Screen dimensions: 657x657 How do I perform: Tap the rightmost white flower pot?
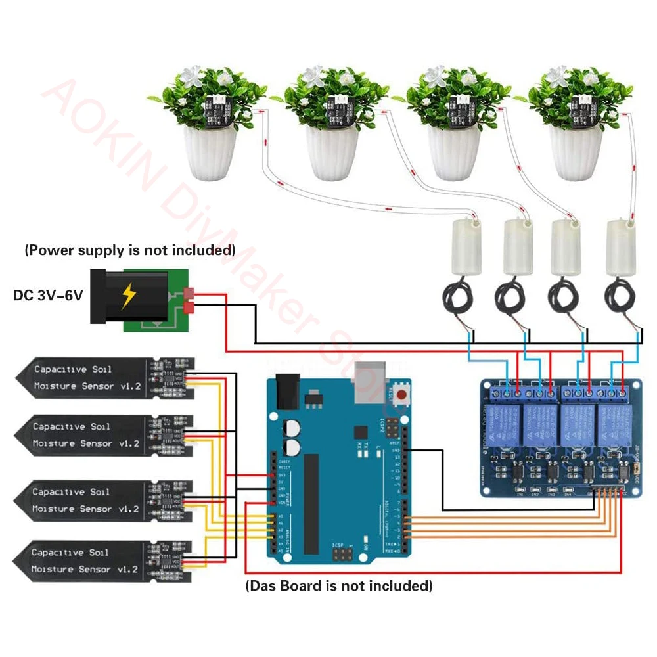click(x=576, y=152)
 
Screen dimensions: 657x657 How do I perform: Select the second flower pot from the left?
click(x=332, y=152)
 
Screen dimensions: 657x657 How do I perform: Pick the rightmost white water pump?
click(x=621, y=246)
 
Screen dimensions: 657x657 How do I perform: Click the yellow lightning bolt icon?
click(x=127, y=298)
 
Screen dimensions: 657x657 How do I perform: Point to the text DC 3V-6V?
click(x=49, y=296)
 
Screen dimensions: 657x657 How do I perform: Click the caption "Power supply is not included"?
click(x=129, y=250)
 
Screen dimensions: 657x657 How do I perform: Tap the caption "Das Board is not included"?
click(x=338, y=585)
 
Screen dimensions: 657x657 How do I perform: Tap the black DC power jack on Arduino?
click(x=287, y=392)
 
